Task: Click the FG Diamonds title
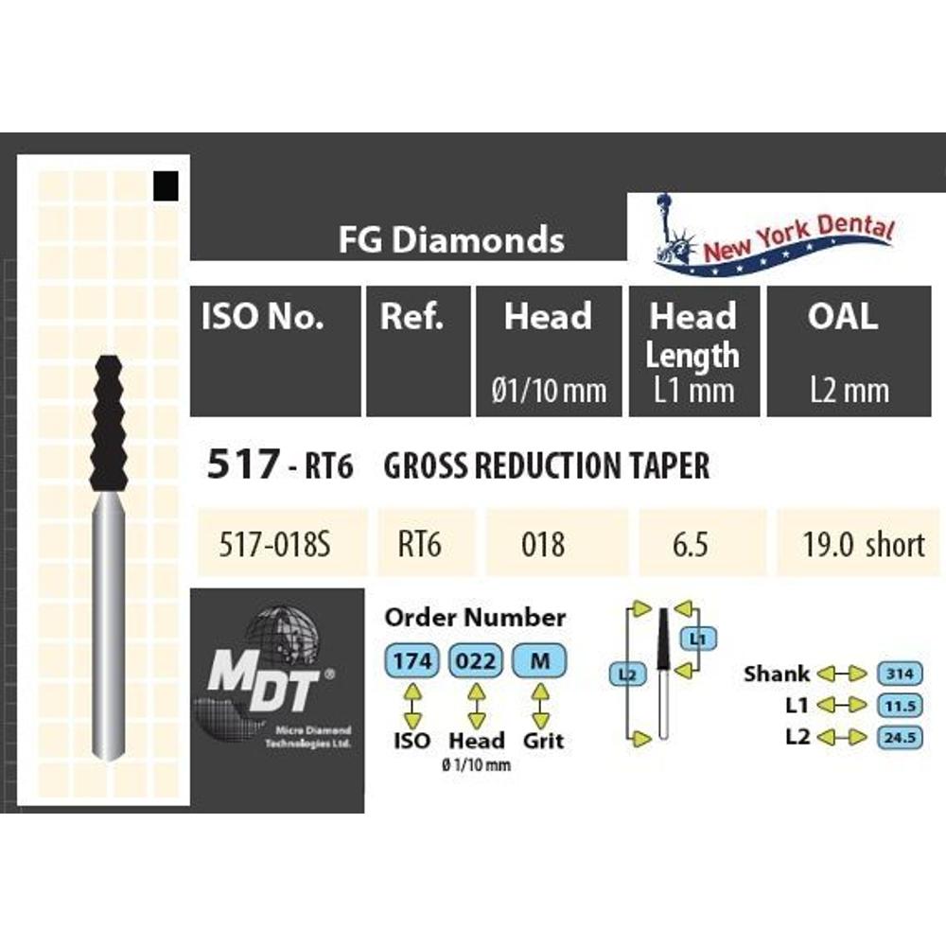(x=451, y=239)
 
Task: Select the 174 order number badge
(x=412, y=661)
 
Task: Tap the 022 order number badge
(x=476, y=661)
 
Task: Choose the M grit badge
(x=540, y=661)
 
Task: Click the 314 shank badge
(x=901, y=674)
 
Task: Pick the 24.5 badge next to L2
(x=901, y=737)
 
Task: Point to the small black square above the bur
(x=166, y=185)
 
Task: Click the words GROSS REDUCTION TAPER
(x=547, y=465)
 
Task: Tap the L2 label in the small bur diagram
(x=627, y=674)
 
